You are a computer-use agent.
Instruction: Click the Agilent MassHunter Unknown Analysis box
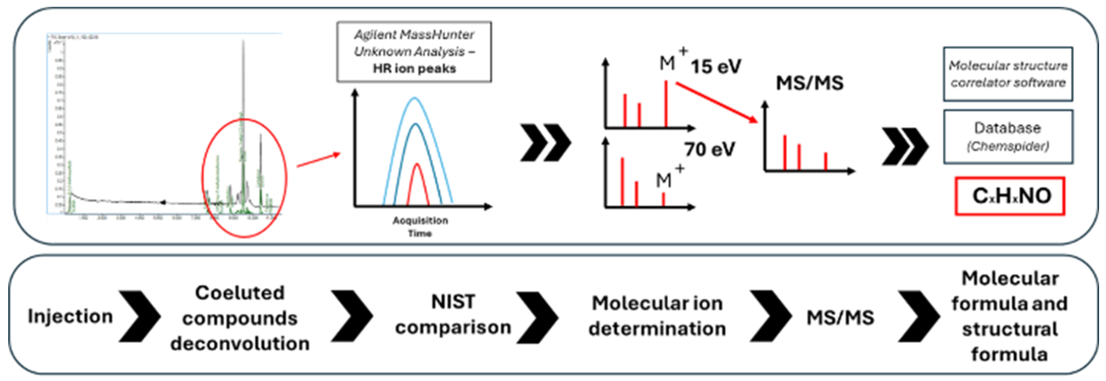[414, 52]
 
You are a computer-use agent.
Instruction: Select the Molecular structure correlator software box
[1007, 74]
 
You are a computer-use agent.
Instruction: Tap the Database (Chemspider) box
[1007, 137]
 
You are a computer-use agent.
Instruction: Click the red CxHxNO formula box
[1009, 196]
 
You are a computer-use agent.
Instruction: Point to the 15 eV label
[715, 67]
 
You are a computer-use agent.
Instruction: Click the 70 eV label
[709, 149]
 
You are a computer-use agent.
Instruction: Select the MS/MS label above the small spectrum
[809, 83]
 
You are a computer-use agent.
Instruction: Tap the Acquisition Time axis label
[420, 227]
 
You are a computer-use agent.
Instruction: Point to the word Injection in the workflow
[70, 317]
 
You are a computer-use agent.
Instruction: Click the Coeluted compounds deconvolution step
[240, 318]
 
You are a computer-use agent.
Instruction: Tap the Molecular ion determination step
[657, 316]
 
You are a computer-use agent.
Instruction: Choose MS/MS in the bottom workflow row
[840, 318]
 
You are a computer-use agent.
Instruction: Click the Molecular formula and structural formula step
[1009, 317]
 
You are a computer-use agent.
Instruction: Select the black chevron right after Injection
[139, 317]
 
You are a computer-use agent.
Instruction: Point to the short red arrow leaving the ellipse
[318, 160]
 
